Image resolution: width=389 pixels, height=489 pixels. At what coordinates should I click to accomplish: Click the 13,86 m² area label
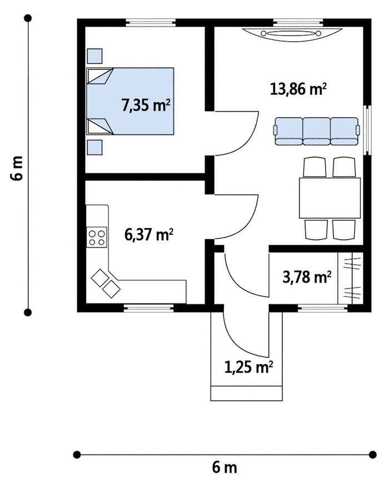click(x=298, y=89)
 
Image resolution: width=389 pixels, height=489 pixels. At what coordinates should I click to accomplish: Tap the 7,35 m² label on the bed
click(x=146, y=105)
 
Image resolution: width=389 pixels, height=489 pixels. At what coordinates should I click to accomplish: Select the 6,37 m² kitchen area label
click(x=148, y=235)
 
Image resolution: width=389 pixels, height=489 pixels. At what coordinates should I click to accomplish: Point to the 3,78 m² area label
click(x=307, y=276)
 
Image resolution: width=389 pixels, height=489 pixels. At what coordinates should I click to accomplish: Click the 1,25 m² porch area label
click(x=249, y=367)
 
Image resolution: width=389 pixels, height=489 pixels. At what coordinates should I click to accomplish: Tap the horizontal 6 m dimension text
click(x=225, y=468)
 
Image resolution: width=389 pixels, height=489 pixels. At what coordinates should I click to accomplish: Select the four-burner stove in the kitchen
click(x=97, y=238)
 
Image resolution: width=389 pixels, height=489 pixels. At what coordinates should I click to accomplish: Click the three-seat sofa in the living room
click(x=317, y=132)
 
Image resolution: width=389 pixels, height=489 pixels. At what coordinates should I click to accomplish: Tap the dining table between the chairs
click(x=330, y=198)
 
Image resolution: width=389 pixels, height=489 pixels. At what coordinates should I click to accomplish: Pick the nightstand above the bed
click(x=94, y=56)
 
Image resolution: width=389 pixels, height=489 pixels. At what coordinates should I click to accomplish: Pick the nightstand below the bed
click(x=94, y=148)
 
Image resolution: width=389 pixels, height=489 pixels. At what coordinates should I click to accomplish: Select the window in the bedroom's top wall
click(x=151, y=22)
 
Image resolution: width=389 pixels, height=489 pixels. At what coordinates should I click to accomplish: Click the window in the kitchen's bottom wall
click(x=149, y=308)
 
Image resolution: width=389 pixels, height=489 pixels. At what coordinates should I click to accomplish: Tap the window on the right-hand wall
click(x=368, y=130)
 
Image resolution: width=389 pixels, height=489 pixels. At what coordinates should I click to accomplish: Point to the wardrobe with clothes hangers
click(x=351, y=278)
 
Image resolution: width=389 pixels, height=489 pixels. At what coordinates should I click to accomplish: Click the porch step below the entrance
click(x=247, y=394)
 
